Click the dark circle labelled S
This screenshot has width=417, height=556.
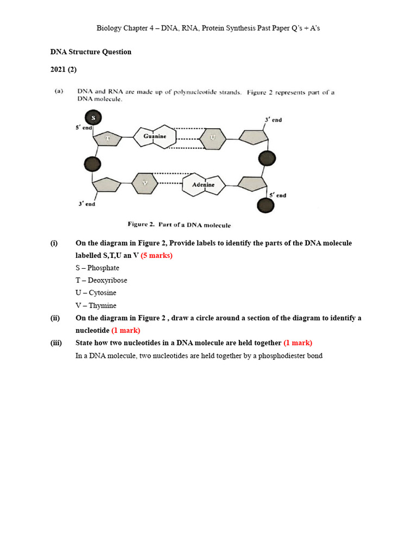[93, 117]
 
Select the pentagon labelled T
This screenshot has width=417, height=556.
[108, 139]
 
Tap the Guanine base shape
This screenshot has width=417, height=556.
[155, 137]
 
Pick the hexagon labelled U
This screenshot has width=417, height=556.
[212, 138]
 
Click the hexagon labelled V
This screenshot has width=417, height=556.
[144, 184]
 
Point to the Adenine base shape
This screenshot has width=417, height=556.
[203, 185]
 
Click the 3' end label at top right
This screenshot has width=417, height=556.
[273, 120]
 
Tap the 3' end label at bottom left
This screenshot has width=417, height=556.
[86, 204]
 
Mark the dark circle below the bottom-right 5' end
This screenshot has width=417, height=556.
[265, 206]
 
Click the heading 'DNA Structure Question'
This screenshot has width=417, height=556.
[91, 52]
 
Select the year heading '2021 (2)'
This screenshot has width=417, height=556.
[64, 69]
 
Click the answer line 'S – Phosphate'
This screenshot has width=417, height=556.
[97, 268]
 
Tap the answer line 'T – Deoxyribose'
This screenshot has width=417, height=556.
[101, 280]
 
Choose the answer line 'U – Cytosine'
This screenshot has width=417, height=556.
[96, 293]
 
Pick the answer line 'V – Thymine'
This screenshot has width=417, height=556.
[96, 305]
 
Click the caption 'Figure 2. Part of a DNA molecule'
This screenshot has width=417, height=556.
[179, 224]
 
